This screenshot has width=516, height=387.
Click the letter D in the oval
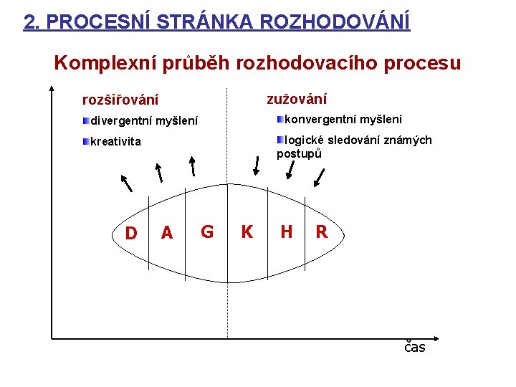(x=131, y=233)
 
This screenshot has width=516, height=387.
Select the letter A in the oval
(x=167, y=233)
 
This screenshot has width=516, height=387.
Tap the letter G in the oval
(x=207, y=231)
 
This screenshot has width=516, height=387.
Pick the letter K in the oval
(x=247, y=231)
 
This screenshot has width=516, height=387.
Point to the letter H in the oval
(x=287, y=231)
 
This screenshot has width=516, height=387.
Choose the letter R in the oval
(x=322, y=231)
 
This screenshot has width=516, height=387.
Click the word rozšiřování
(x=120, y=100)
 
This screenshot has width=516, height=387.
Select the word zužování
(x=297, y=99)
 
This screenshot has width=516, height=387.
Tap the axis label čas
(x=415, y=347)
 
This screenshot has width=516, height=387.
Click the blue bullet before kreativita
(x=86, y=141)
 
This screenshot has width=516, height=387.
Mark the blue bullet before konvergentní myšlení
(x=280, y=119)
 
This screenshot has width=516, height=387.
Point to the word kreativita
(x=116, y=141)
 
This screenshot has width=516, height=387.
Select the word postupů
(x=299, y=154)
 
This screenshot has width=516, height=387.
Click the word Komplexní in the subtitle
(x=105, y=63)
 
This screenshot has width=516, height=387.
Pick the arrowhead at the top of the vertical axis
(x=52, y=88)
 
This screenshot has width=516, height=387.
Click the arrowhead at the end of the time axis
(x=436, y=338)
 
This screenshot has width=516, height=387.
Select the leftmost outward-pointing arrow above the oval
(x=127, y=183)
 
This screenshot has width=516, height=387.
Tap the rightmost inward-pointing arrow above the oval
(x=319, y=178)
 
